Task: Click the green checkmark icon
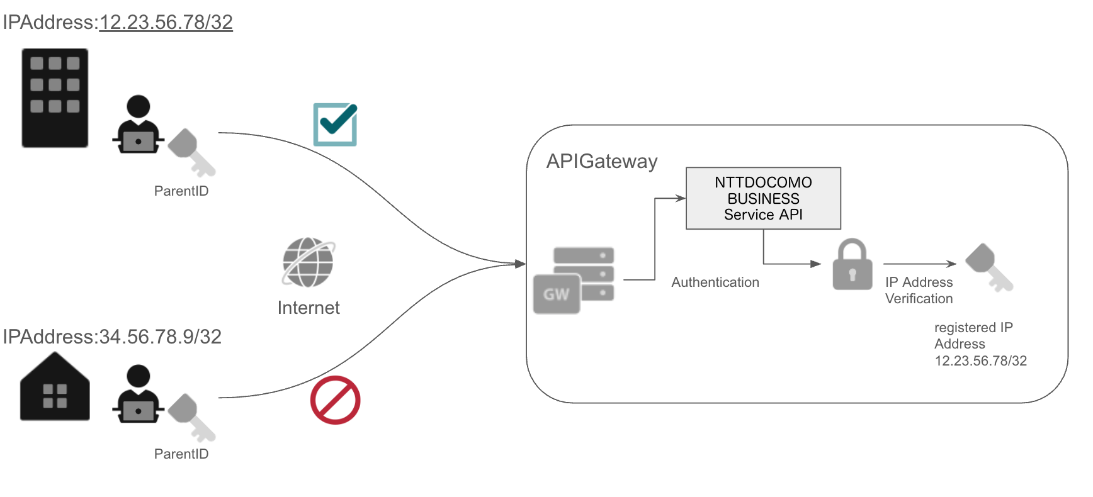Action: click(335, 125)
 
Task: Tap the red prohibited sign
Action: click(335, 400)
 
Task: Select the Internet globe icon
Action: click(309, 262)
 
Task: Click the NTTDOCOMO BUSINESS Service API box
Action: click(763, 198)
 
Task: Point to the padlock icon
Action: click(852, 265)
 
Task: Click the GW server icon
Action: click(573, 281)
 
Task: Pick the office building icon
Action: click(55, 98)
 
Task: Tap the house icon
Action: click(55, 388)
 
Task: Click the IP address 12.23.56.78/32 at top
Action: click(166, 22)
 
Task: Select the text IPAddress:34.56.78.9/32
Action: click(112, 337)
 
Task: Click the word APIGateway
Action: click(601, 161)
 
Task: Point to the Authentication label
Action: click(715, 282)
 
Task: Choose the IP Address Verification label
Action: click(919, 290)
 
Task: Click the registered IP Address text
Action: click(980, 344)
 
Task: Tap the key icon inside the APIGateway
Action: click(988, 267)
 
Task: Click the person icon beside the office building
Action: click(138, 125)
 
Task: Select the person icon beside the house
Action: click(138, 394)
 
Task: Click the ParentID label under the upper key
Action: click(181, 191)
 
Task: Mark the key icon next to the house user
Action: click(191, 417)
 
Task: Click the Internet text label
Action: click(309, 308)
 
